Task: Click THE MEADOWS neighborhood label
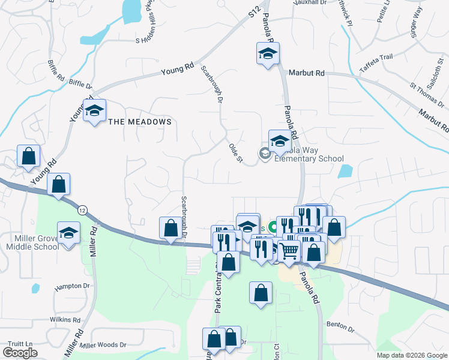[x=140, y=122]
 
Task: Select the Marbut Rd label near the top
[x=306, y=73]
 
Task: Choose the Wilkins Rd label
[x=65, y=320]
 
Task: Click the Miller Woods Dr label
[x=103, y=345]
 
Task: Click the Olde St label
[x=235, y=153]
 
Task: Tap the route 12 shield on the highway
[x=80, y=209]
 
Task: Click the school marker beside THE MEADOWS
[x=94, y=110]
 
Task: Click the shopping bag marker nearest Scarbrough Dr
[x=170, y=228]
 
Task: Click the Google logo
[x=20, y=353]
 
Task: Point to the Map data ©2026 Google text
[x=411, y=355]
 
